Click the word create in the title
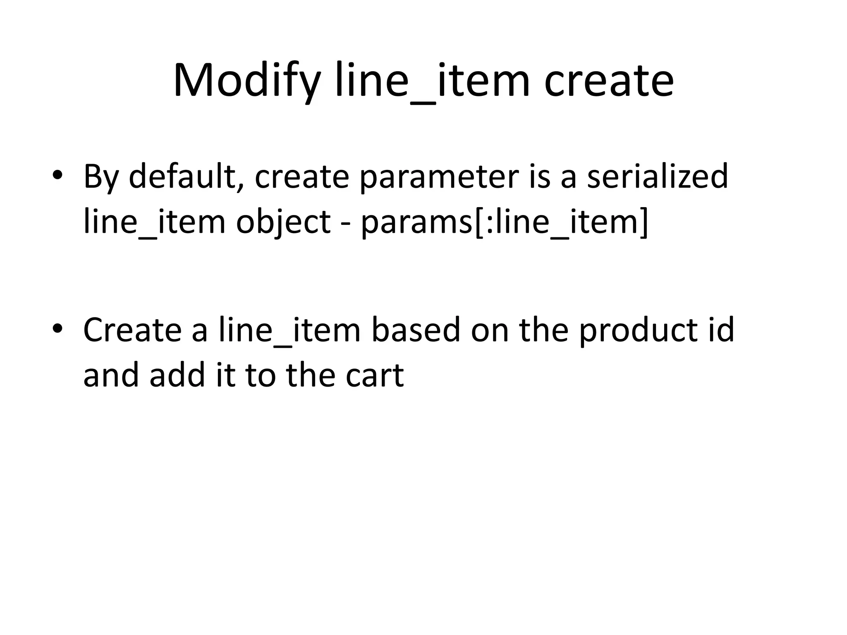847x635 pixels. pyautogui.click(x=609, y=81)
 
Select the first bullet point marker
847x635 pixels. pyautogui.click(x=57, y=175)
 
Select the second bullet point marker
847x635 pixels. pyautogui.click(x=57, y=328)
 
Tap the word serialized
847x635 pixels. pyautogui.click(x=657, y=177)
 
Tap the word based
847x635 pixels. pyautogui.click(x=416, y=330)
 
